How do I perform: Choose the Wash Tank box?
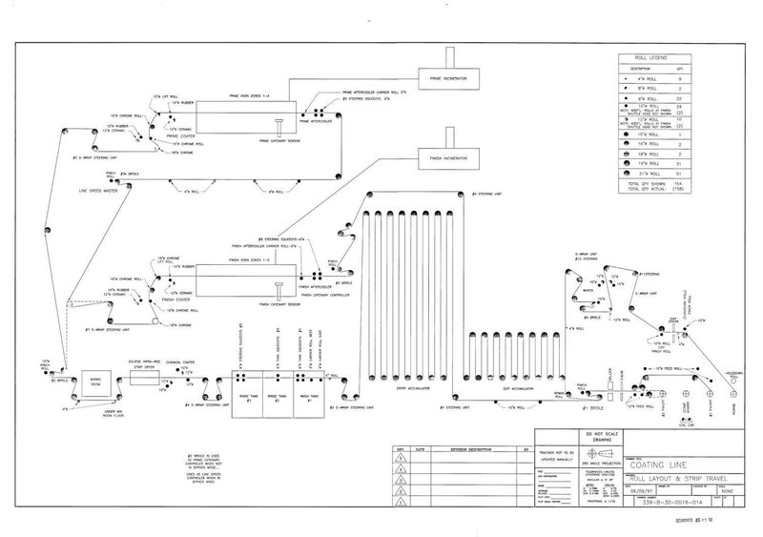[x=311, y=391]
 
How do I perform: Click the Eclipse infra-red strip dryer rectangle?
[x=149, y=381]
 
